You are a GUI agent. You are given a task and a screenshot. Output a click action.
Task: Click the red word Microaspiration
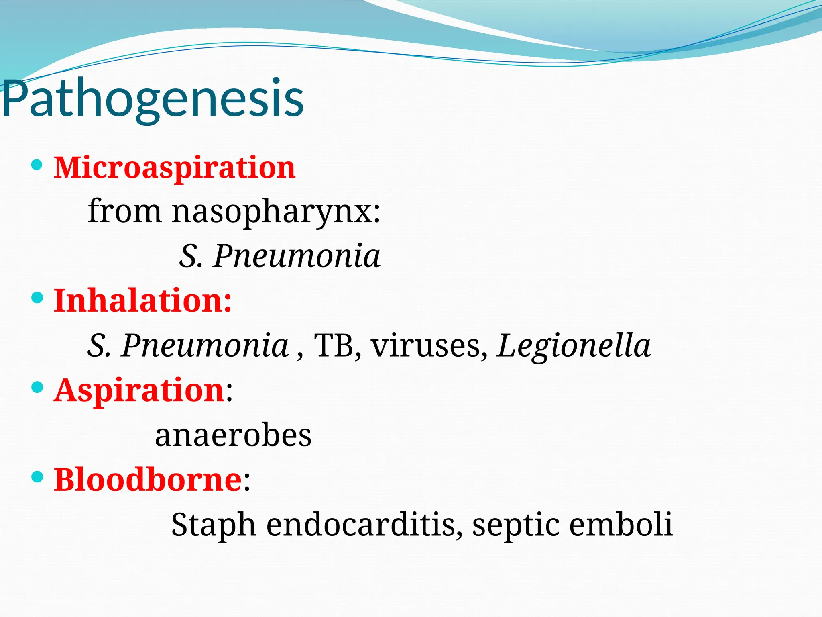click(x=175, y=168)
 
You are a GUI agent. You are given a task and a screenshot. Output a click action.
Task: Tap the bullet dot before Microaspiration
click(x=37, y=165)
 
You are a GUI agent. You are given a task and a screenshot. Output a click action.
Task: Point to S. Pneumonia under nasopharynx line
click(x=280, y=256)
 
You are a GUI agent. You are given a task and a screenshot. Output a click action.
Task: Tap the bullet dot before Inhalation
click(x=37, y=298)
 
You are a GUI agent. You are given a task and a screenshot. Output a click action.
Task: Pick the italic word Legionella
click(x=574, y=345)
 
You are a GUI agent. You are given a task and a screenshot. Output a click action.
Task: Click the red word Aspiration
click(x=139, y=390)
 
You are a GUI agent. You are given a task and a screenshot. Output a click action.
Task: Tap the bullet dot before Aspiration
click(x=37, y=387)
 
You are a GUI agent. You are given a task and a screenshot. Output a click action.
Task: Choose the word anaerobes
click(x=233, y=435)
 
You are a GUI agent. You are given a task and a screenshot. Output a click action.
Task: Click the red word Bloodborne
click(x=148, y=480)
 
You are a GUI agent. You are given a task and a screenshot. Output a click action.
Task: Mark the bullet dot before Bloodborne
click(x=37, y=477)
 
